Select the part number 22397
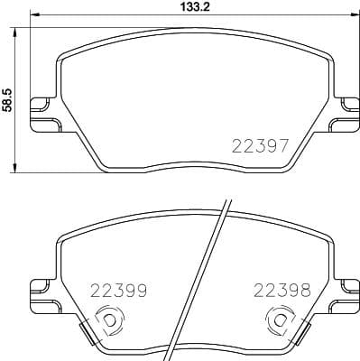point(260,145)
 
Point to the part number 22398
point(282,291)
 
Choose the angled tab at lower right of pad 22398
point(300,333)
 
